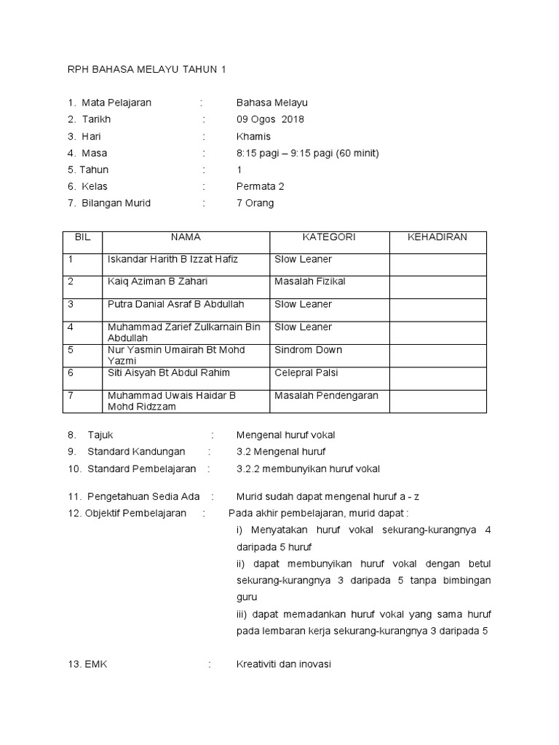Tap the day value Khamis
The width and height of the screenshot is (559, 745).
(x=253, y=136)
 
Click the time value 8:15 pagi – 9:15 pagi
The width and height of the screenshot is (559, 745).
(x=307, y=153)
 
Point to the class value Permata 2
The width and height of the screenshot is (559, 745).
(x=260, y=186)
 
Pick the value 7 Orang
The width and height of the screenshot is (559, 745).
(x=255, y=203)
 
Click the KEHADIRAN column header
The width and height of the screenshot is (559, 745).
(x=437, y=237)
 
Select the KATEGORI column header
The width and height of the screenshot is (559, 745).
(x=329, y=237)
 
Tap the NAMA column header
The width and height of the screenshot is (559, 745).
(x=186, y=237)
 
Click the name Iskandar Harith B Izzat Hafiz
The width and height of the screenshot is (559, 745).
(x=173, y=259)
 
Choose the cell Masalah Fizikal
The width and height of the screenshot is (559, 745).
(x=309, y=282)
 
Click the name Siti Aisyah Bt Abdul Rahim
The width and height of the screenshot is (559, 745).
(x=168, y=372)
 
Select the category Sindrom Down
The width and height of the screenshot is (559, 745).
(x=308, y=350)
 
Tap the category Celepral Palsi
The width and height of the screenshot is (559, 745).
(x=306, y=372)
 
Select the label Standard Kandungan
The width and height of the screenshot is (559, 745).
(x=136, y=452)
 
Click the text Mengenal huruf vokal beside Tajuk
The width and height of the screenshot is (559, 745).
(x=285, y=435)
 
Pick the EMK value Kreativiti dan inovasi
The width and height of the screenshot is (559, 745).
(x=284, y=664)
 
